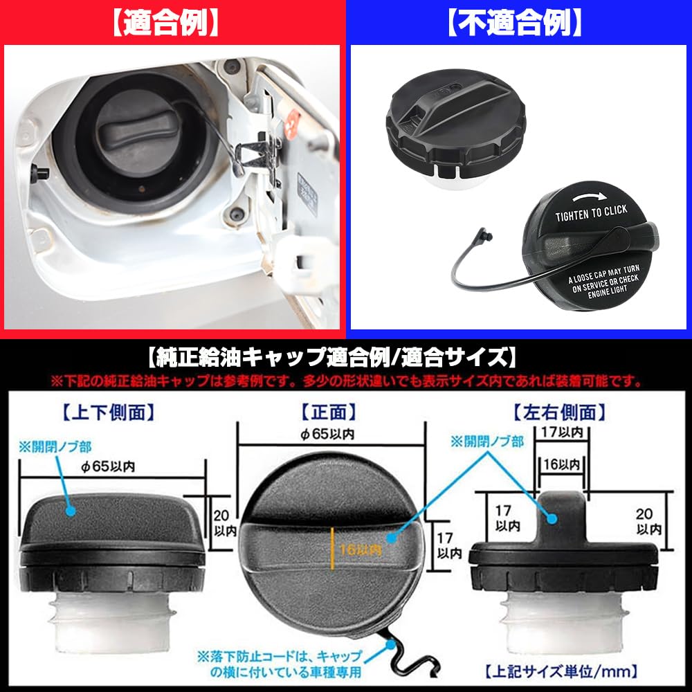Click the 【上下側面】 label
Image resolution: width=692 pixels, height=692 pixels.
click(108, 413)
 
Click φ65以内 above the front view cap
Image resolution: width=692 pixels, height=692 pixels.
click(329, 434)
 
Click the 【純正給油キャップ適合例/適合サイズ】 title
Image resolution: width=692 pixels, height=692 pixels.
click(332, 358)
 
